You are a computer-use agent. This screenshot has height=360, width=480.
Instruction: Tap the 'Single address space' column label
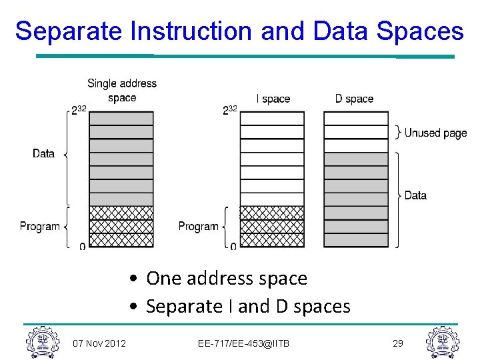click(122, 91)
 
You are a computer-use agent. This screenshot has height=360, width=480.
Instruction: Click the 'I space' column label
click(273, 99)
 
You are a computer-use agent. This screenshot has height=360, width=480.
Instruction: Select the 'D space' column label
click(354, 99)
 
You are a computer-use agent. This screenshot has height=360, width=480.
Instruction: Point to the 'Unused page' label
click(436, 133)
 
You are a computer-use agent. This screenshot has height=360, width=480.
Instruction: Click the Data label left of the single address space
click(43, 153)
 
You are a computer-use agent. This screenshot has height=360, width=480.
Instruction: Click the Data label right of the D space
click(415, 195)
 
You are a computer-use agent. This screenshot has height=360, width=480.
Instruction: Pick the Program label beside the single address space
click(39, 227)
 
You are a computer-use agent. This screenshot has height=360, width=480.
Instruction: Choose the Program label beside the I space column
click(198, 227)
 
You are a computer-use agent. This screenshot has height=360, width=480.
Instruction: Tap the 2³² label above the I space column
click(230, 110)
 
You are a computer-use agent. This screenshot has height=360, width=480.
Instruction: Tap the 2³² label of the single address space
click(79, 110)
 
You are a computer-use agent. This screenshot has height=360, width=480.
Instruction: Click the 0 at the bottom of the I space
click(233, 247)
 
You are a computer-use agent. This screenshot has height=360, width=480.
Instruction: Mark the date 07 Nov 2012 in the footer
click(99, 343)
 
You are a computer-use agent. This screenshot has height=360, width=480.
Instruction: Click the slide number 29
click(398, 343)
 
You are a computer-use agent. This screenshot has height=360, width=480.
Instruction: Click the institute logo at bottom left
click(42, 341)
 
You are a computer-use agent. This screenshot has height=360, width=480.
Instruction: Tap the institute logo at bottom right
click(442, 341)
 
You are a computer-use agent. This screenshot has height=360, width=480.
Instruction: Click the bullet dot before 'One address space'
click(135, 279)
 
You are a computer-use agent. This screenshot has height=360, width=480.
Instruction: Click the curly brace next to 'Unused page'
click(398, 132)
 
